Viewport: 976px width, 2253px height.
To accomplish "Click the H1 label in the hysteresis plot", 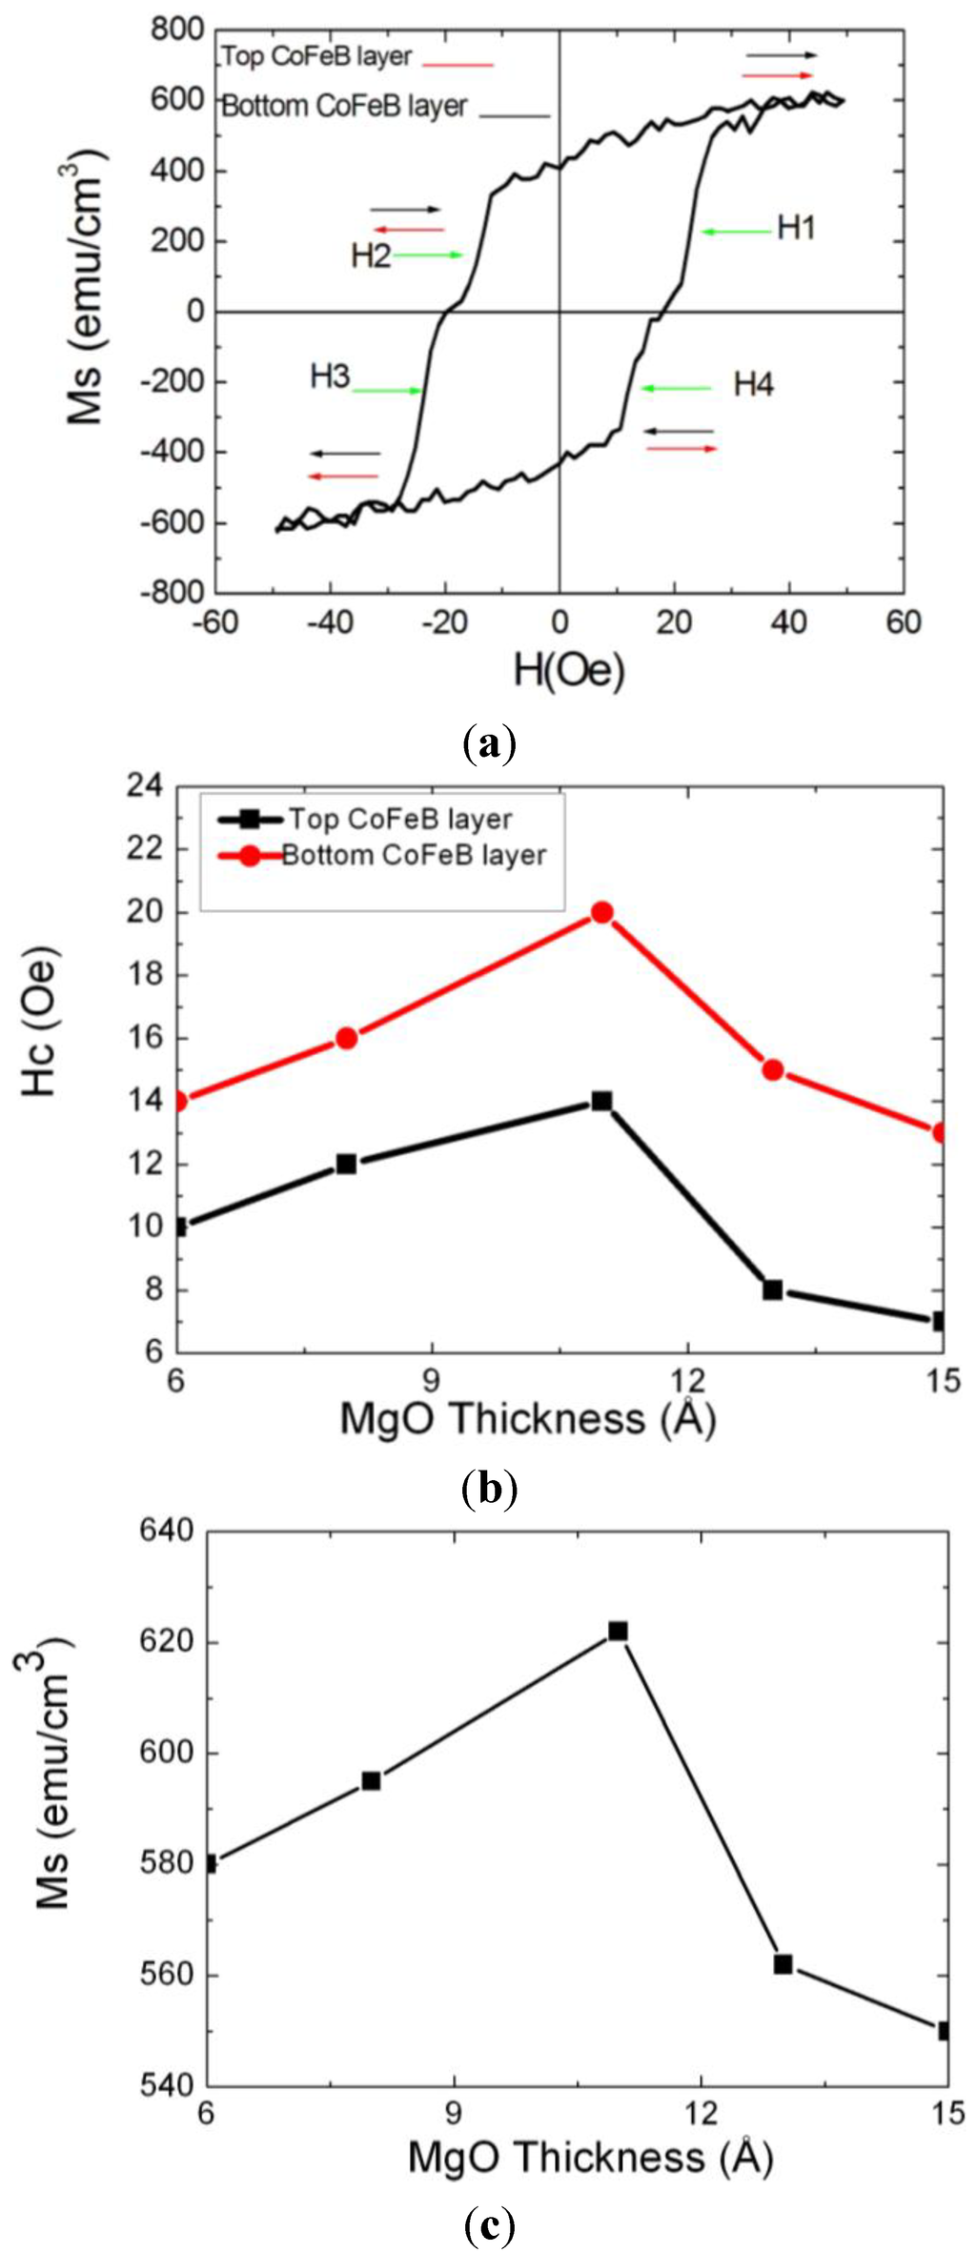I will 796,228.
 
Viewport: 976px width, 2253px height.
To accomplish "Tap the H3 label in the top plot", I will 330,376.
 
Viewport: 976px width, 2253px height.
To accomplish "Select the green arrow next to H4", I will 675,388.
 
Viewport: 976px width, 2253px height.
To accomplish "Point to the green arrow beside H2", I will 427,254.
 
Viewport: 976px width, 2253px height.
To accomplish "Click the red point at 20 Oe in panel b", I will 601,912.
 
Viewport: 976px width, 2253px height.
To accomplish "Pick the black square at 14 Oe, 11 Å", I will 601,1101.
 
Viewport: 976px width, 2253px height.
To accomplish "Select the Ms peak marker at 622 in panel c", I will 618,1631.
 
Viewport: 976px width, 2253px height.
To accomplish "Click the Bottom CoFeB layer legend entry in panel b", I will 414,855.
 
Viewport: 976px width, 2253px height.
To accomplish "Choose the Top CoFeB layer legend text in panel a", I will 316,57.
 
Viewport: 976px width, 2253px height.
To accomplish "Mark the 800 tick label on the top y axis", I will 177,30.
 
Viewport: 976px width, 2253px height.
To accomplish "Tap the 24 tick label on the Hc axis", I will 145,787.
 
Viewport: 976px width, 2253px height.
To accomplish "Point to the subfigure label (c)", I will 488,2223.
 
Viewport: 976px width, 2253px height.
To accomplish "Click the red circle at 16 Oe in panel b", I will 347,1038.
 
